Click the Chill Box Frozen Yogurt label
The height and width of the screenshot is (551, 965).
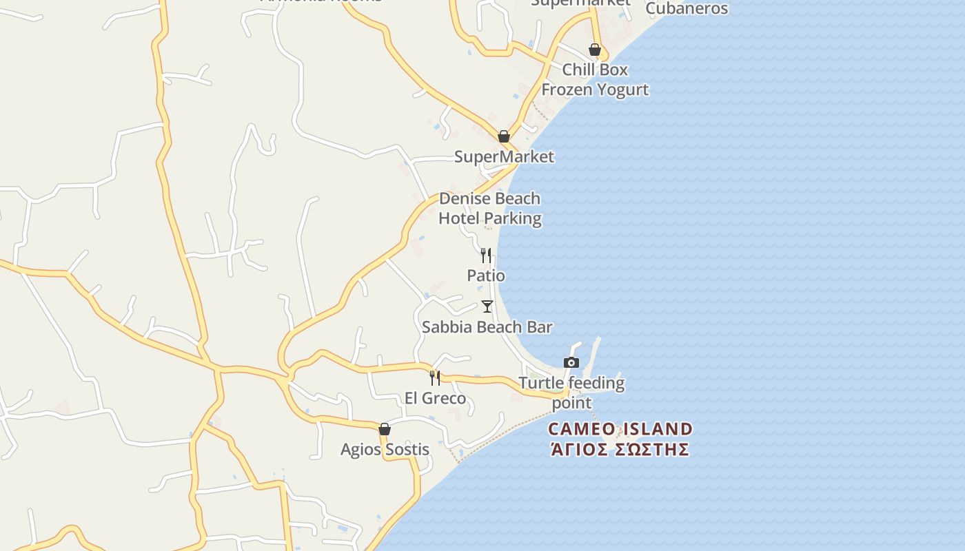tap(595, 79)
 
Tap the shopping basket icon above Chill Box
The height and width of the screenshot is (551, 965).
tap(595, 50)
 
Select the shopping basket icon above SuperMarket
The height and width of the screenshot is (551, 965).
tap(504, 136)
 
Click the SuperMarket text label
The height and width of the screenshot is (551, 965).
tap(504, 157)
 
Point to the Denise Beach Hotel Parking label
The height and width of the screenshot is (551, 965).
tap(489, 209)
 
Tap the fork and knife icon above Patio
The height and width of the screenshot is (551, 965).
tap(486, 256)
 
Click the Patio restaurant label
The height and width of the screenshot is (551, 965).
tap(486, 275)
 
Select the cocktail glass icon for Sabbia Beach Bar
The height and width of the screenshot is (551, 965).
tap(487, 306)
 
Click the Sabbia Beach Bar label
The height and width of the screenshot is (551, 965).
tap(487, 326)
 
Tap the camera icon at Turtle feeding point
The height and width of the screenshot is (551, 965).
tap(571, 363)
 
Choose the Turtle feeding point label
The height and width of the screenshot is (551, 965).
tap(571, 393)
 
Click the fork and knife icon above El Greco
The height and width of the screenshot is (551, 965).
tap(435, 377)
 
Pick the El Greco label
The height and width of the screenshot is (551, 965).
tap(435, 398)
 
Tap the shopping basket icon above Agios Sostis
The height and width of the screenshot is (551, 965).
tap(385, 429)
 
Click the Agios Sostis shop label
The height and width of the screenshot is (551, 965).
tap(385, 450)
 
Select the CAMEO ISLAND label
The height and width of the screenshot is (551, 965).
tap(620, 429)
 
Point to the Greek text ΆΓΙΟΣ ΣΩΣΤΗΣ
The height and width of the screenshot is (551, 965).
tap(620, 450)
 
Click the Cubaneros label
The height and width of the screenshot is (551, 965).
tap(687, 9)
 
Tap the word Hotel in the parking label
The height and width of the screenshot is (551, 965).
tap(461, 219)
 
